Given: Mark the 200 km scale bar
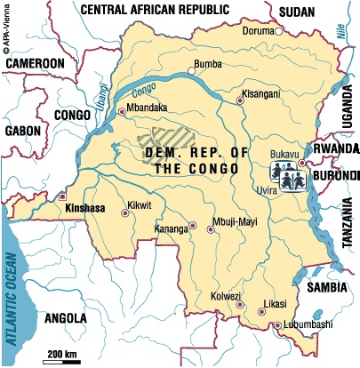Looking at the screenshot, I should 62,359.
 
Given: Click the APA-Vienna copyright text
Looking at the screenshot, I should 7,31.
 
